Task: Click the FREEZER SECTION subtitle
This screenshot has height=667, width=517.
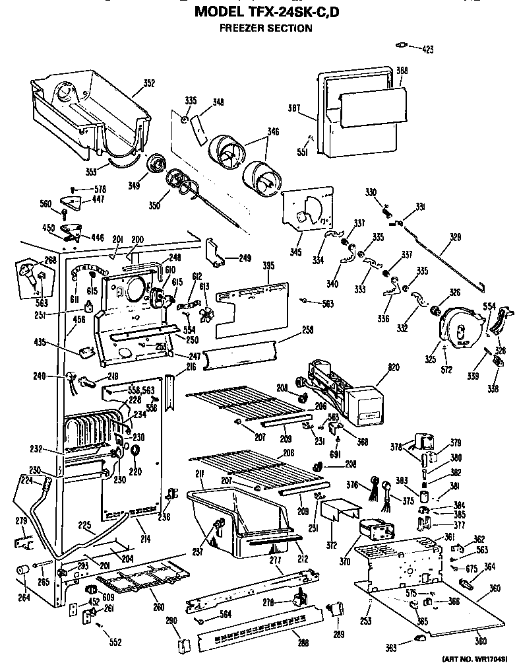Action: (266, 28)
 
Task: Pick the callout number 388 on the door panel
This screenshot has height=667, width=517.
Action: (402, 71)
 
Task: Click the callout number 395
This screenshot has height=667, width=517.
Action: (268, 265)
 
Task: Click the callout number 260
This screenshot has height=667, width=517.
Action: (158, 607)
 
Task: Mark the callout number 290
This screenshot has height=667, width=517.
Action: (171, 620)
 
